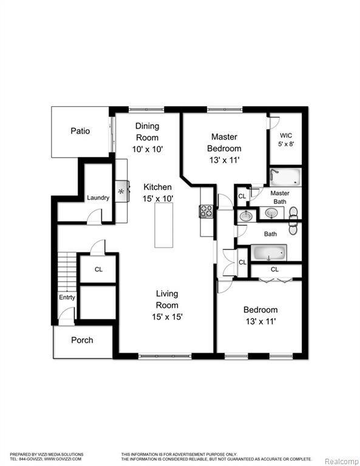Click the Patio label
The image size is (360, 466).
point(80,131)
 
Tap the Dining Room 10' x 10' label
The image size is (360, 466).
point(147,137)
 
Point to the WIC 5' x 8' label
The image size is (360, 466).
point(287,140)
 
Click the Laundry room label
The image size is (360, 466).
point(98,198)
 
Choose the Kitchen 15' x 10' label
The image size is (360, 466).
point(158,192)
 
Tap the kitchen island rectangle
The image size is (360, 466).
point(163,225)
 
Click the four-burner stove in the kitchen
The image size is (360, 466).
point(206,211)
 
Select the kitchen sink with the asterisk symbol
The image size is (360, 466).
point(121,192)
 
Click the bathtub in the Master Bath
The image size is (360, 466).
point(285,177)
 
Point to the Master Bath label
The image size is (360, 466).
point(280,197)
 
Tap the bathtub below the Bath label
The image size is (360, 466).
point(268,252)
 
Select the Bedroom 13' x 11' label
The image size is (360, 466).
point(260,315)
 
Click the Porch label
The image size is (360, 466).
point(82,340)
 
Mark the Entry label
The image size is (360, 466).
point(67,297)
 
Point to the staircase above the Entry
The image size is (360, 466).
point(67,272)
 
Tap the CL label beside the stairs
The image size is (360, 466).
point(98,270)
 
